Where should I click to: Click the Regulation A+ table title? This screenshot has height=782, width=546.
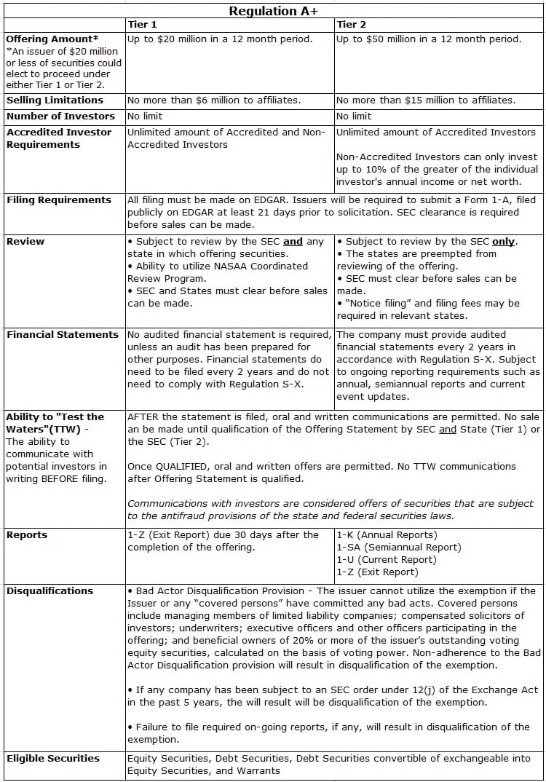[x=273, y=10]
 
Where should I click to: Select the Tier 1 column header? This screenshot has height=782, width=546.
[x=142, y=25]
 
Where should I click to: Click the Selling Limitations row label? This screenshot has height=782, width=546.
[x=55, y=100]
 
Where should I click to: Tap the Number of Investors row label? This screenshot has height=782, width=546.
[x=60, y=116]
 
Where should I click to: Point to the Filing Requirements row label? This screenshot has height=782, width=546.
[x=59, y=200]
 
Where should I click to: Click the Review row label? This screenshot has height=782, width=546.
[x=25, y=241]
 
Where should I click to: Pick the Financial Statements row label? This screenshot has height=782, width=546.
[x=63, y=335]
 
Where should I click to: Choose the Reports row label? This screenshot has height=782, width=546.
[x=27, y=535]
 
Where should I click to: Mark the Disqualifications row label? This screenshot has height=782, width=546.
[x=50, y=591]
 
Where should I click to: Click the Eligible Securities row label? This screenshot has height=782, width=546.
[x=53, y=759]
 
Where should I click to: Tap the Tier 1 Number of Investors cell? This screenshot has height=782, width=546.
[x=145, y=116]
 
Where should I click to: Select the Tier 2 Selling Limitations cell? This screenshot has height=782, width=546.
[x=426, y=100]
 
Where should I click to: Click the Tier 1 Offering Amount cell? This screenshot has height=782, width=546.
[x=220, y=39]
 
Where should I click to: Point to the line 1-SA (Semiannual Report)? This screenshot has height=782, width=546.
[x=398, y=548]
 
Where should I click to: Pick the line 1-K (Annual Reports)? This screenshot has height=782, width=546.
[x=387, y=535]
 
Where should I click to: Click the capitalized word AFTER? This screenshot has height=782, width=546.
[x=144, y=417]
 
